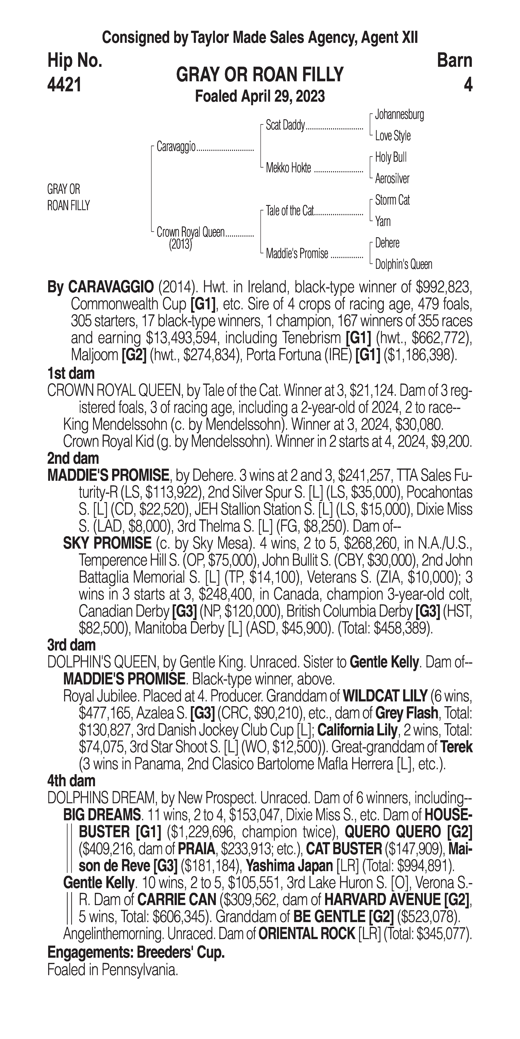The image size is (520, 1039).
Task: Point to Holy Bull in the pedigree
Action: pyautogui.click(x=391, y=157)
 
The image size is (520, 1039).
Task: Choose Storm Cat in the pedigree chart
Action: pyautogui.click(x=392, y=200)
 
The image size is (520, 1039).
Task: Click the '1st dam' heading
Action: pyautogui.click(x=71, y=373)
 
